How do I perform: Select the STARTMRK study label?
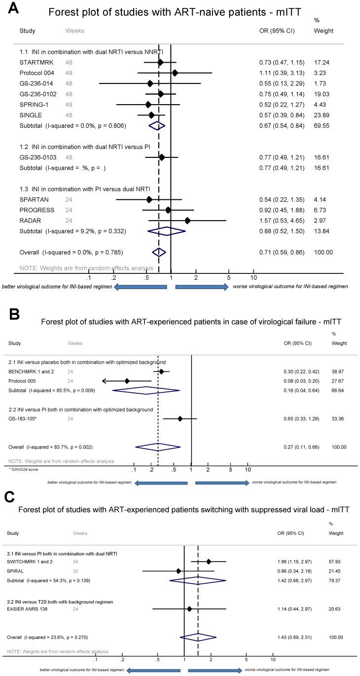(x=35, y=63)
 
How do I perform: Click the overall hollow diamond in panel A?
(x=159, y=252)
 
